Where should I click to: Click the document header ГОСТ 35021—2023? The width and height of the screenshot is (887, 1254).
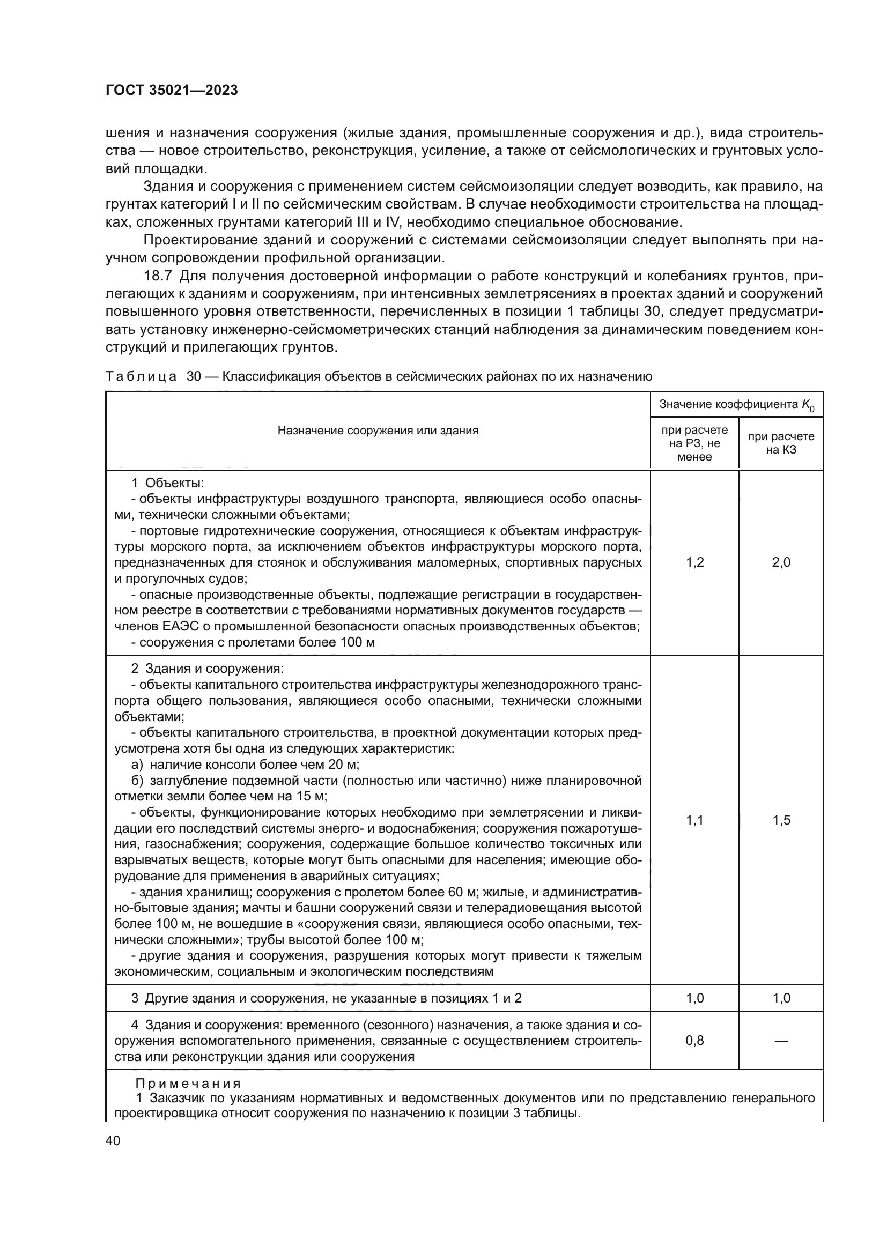coord(172,91)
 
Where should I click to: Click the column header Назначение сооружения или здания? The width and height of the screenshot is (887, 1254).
coord(378,431)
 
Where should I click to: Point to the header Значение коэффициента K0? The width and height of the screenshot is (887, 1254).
coord(736,405)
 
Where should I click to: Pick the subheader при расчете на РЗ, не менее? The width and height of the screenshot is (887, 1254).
coord(694,443)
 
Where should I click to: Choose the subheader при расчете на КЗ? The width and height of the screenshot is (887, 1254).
coord(780,443)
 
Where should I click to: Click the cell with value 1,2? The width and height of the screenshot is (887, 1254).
coord(694,562)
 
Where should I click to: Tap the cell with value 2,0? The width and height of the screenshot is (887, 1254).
coord(780,562)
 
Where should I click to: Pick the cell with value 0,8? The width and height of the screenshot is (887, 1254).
coord(694,1041)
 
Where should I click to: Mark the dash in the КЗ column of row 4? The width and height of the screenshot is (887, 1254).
coord(780,1041)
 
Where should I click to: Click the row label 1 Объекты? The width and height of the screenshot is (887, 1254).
coord(168,483)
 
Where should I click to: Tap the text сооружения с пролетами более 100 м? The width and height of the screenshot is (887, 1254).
coord(257,642)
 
